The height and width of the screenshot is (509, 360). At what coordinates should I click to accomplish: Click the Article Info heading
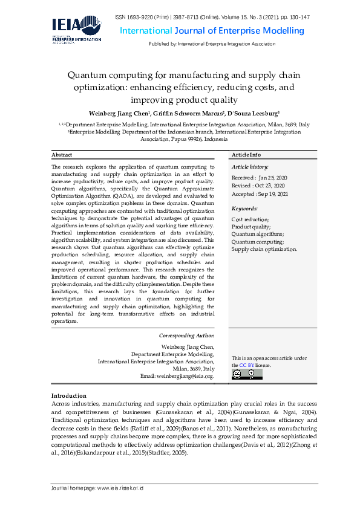(246, 155)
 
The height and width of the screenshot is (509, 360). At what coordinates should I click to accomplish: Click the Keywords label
(244, 209)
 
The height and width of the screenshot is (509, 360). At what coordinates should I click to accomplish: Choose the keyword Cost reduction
(250, 219)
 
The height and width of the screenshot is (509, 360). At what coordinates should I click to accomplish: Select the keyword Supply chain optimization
(264, 248)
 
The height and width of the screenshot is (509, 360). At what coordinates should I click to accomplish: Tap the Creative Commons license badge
(247, 374)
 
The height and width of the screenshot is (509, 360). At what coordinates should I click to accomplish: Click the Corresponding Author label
(186, 335)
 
